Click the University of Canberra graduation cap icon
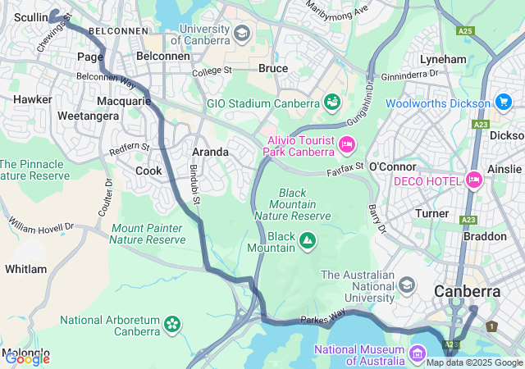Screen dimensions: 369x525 pos(241,33)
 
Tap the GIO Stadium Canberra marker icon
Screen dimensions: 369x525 pos(332,102)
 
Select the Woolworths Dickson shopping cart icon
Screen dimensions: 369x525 pos(504,102)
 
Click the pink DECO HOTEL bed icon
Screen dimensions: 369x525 pos(473,180)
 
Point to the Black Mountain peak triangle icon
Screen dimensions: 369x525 pos(308,240)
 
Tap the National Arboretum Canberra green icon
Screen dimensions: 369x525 pos(172,324)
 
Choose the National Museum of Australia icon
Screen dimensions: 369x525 pos(418,355)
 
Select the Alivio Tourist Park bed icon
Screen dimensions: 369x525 pos(346,145)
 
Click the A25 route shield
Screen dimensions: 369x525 pos(466,31)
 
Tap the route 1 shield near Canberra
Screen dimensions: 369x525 pos(491,326)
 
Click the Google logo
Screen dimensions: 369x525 pos(27,358)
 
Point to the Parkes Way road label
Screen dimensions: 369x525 pos(325,318)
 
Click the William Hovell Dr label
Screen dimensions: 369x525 pos(41,224)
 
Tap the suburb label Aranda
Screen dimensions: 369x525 pos(210,152)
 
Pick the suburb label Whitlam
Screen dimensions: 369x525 pos(25,269)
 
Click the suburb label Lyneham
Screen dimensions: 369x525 pos(443,60)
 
